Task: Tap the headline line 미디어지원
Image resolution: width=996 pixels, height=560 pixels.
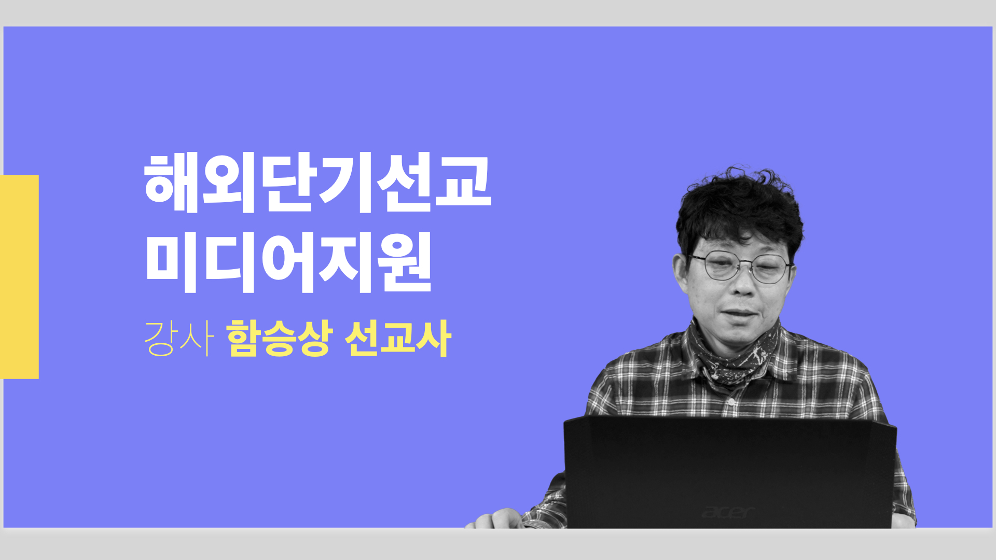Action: [288, 262]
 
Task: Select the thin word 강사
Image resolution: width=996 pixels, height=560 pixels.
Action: [178, 339]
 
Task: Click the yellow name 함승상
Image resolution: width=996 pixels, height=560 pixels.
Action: [279, 339]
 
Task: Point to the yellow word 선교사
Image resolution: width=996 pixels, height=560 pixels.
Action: [398, 339]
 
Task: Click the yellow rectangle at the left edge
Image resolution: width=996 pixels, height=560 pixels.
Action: [19, 277]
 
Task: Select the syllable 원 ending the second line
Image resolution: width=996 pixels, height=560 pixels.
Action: [405, 262]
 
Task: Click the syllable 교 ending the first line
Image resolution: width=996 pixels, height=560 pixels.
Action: [463, 181]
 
